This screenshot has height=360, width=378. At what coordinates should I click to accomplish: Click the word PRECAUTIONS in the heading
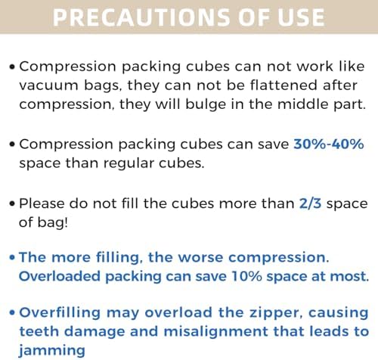coord(133,17)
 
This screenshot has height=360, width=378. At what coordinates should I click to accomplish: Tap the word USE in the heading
coord(298,17)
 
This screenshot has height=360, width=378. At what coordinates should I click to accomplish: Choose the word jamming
coord(50,350)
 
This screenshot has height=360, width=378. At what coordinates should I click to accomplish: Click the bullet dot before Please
coord(13,203)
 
